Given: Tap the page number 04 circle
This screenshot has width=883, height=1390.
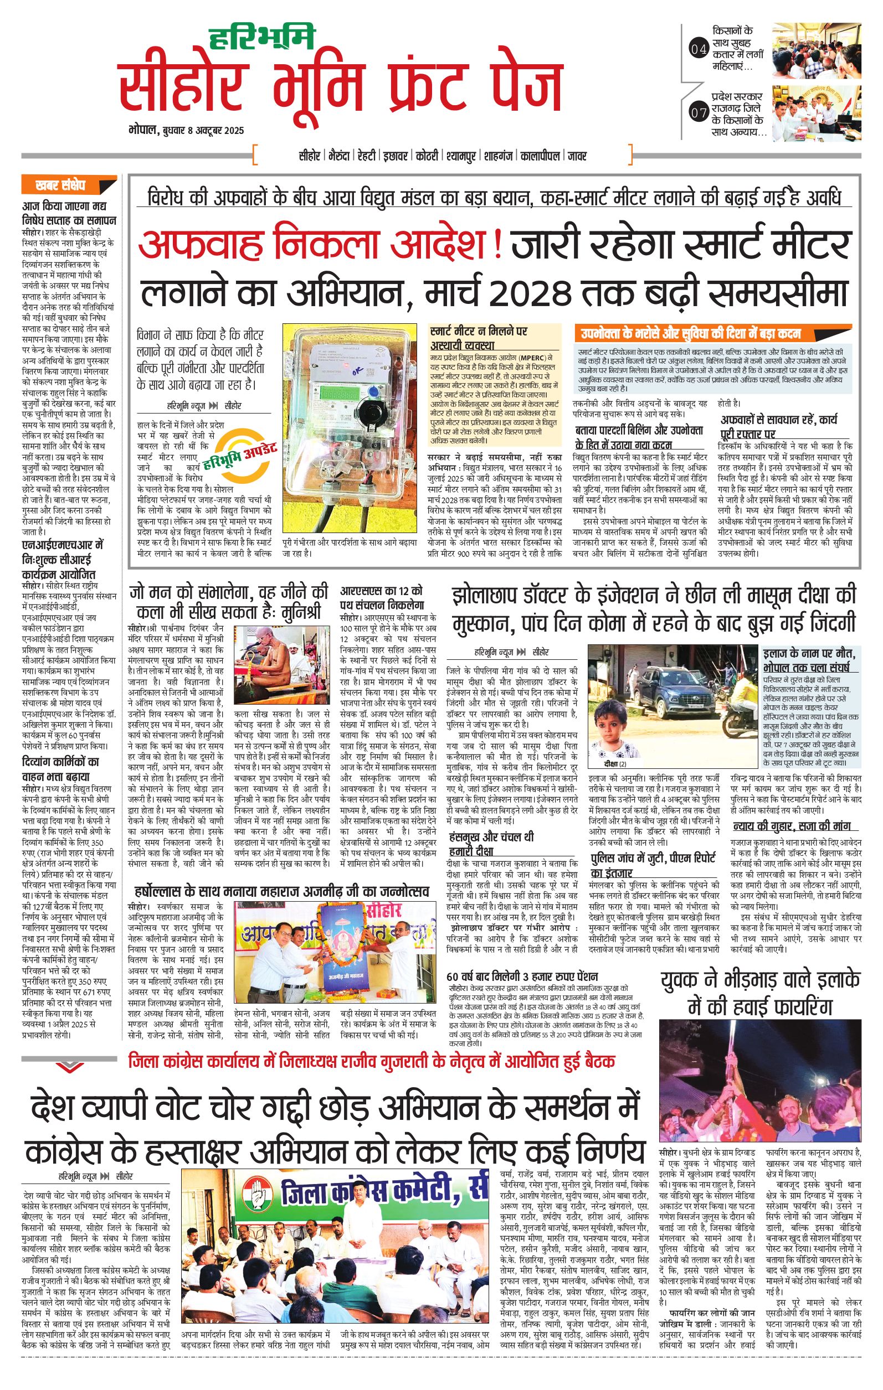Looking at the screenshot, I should [699, 50].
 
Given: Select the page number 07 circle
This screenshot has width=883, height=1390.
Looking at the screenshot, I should [699, 112].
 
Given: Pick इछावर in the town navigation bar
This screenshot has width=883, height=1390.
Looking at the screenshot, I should [396, 156].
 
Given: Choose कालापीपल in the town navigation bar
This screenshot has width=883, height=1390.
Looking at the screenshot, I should [541, 156].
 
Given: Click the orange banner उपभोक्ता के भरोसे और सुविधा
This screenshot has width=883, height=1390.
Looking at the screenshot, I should [690, 334].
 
